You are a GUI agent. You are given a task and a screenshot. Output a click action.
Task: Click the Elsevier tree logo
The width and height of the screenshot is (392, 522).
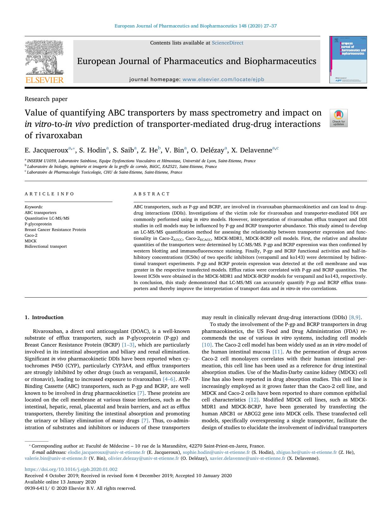[44, 60]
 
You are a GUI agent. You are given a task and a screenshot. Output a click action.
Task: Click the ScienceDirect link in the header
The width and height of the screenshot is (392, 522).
[227, 43]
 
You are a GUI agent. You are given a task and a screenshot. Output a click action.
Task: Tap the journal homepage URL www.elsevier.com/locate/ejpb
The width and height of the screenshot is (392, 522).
[223, 80]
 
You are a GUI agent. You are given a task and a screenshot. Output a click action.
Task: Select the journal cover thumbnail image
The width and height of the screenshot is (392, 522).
[348, 60]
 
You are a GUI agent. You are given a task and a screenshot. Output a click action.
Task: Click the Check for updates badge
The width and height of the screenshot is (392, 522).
[339, 118]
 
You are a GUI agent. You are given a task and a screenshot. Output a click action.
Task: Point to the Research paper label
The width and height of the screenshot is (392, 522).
[46, 99]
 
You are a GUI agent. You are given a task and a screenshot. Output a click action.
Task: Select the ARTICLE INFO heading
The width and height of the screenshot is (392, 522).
[50, 194]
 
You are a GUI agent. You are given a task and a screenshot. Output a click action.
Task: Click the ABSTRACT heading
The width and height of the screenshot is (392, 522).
[152, 194]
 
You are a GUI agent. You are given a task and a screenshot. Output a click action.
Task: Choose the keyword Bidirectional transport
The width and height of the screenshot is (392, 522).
[46, 246]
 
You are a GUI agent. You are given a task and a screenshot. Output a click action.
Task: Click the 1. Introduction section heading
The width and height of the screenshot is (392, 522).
[44, 317]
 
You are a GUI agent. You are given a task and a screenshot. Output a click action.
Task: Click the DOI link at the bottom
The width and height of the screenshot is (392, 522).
[71, 469]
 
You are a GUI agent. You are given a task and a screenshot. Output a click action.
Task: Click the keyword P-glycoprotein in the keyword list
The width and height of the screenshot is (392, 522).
[38, 224]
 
